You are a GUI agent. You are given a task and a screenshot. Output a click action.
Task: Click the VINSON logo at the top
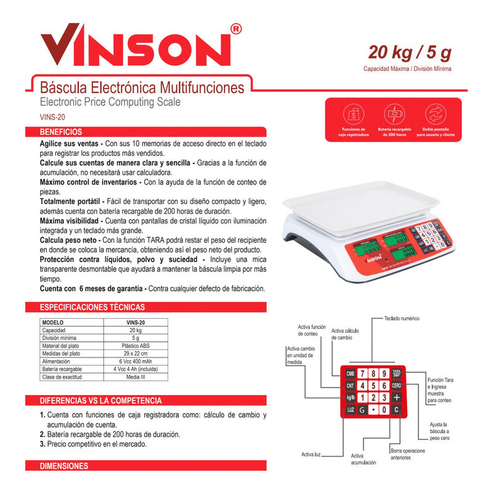[x=137, y=46]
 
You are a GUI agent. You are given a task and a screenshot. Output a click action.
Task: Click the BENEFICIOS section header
[x=61, y=132]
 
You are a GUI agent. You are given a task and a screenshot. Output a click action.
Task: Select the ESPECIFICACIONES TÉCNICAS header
[x=92, y=307]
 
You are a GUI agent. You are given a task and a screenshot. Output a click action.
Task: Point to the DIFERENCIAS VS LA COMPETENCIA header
[x=100, y=401]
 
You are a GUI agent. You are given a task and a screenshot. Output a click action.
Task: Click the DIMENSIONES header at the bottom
[x=64, y=466]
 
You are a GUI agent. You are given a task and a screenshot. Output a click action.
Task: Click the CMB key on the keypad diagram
[x=350, y=373]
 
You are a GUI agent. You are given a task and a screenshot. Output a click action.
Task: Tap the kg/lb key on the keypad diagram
[x=350, y=397]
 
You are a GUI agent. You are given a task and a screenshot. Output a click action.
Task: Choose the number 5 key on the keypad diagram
[x=374, y=386]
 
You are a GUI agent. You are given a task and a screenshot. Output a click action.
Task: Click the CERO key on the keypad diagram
[x=396, y=386]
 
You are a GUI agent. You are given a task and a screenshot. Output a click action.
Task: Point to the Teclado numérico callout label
[x=402, y=319]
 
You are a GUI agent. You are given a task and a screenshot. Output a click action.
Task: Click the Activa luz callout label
[x=312, y=454]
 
